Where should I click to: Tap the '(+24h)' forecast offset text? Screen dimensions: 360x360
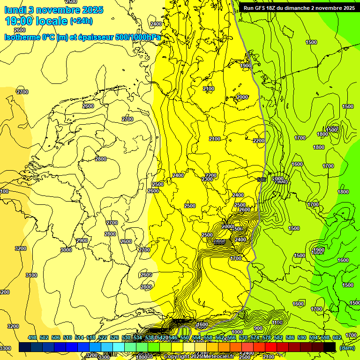coord(81,21)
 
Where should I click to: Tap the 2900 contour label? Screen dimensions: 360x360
coord(82,240)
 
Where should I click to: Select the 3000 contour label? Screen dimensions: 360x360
coord(66,250)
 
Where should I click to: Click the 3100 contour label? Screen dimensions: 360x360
coord(31,275)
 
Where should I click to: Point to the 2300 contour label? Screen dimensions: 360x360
coord(207,180)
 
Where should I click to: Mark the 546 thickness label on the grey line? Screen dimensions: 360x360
coord(262,180)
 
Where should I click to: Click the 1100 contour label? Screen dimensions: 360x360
coord(277,322)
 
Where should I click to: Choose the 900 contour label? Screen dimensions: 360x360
coord(258,328)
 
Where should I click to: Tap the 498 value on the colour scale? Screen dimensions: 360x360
coord(32,337)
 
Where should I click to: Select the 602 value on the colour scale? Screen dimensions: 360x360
coord(337,337)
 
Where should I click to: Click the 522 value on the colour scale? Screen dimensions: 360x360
coord(103,337)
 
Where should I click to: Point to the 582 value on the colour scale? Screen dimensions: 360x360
coord(278,337)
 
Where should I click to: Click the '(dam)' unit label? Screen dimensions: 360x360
coord(347,347)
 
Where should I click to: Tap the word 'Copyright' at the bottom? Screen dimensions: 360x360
coord(179,357)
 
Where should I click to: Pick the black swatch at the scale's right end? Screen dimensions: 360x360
coord(330,347)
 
